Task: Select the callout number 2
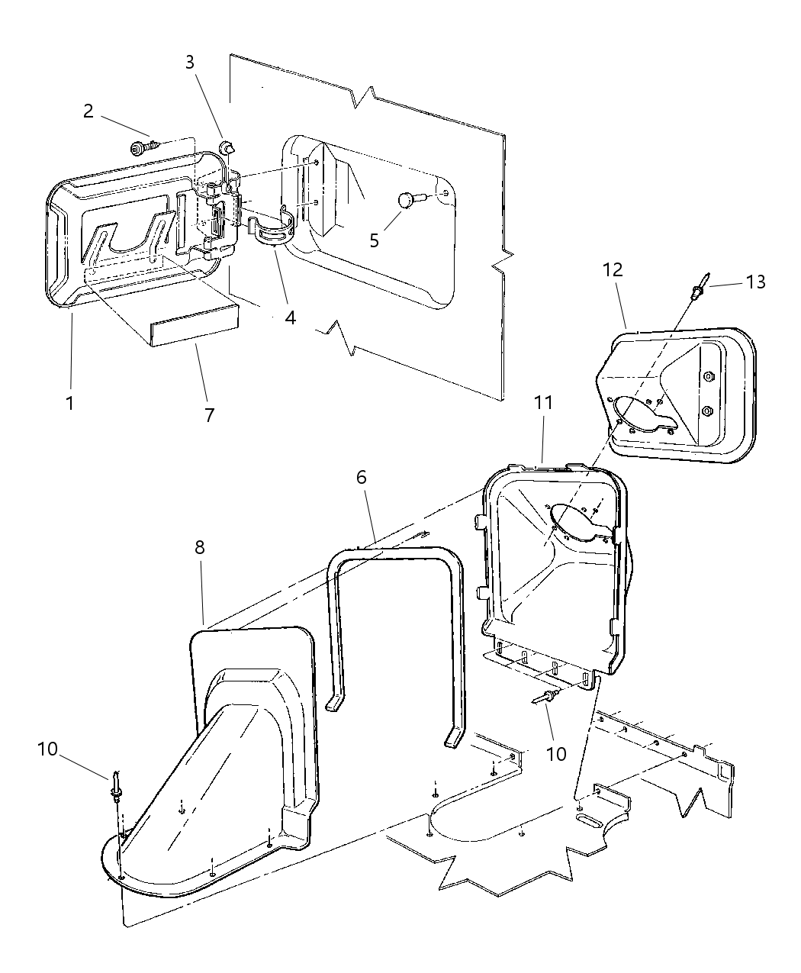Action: point(88,111)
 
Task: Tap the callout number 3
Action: point(191,63)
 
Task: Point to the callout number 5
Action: point(374,240)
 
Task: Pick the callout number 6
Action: point(361,477)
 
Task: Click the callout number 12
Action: point(613,269)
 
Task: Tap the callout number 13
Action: point(755,282)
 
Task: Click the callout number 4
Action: point(290,317)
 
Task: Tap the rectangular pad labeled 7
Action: point(195,326)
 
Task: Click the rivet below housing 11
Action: point(546,696)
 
